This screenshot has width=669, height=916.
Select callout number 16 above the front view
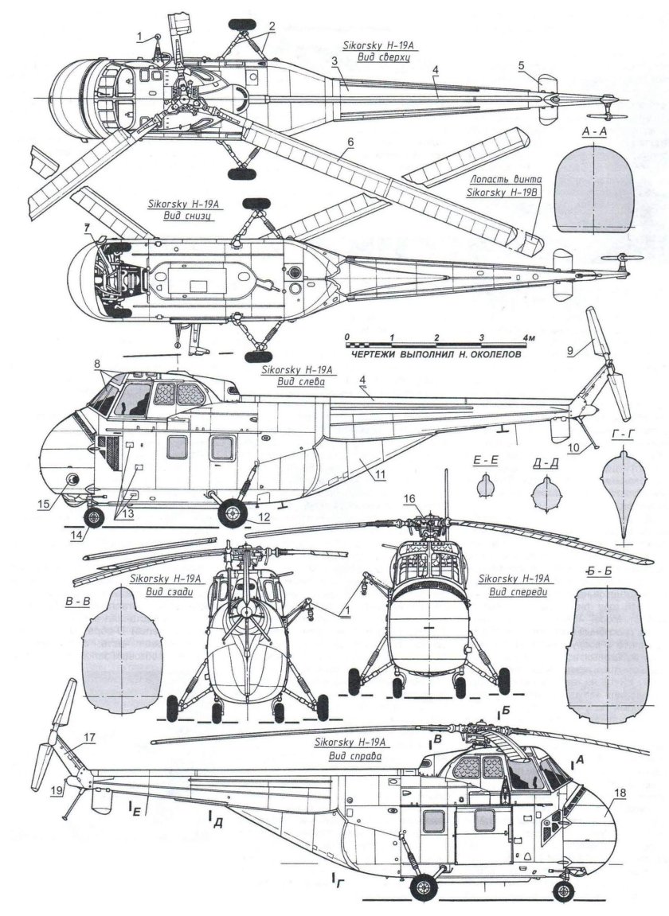coord(409,498)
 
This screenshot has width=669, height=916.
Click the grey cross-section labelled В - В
coord(123,649)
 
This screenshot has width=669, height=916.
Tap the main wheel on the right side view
coord(423,886)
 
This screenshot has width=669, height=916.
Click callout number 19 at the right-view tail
coord(55,790)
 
